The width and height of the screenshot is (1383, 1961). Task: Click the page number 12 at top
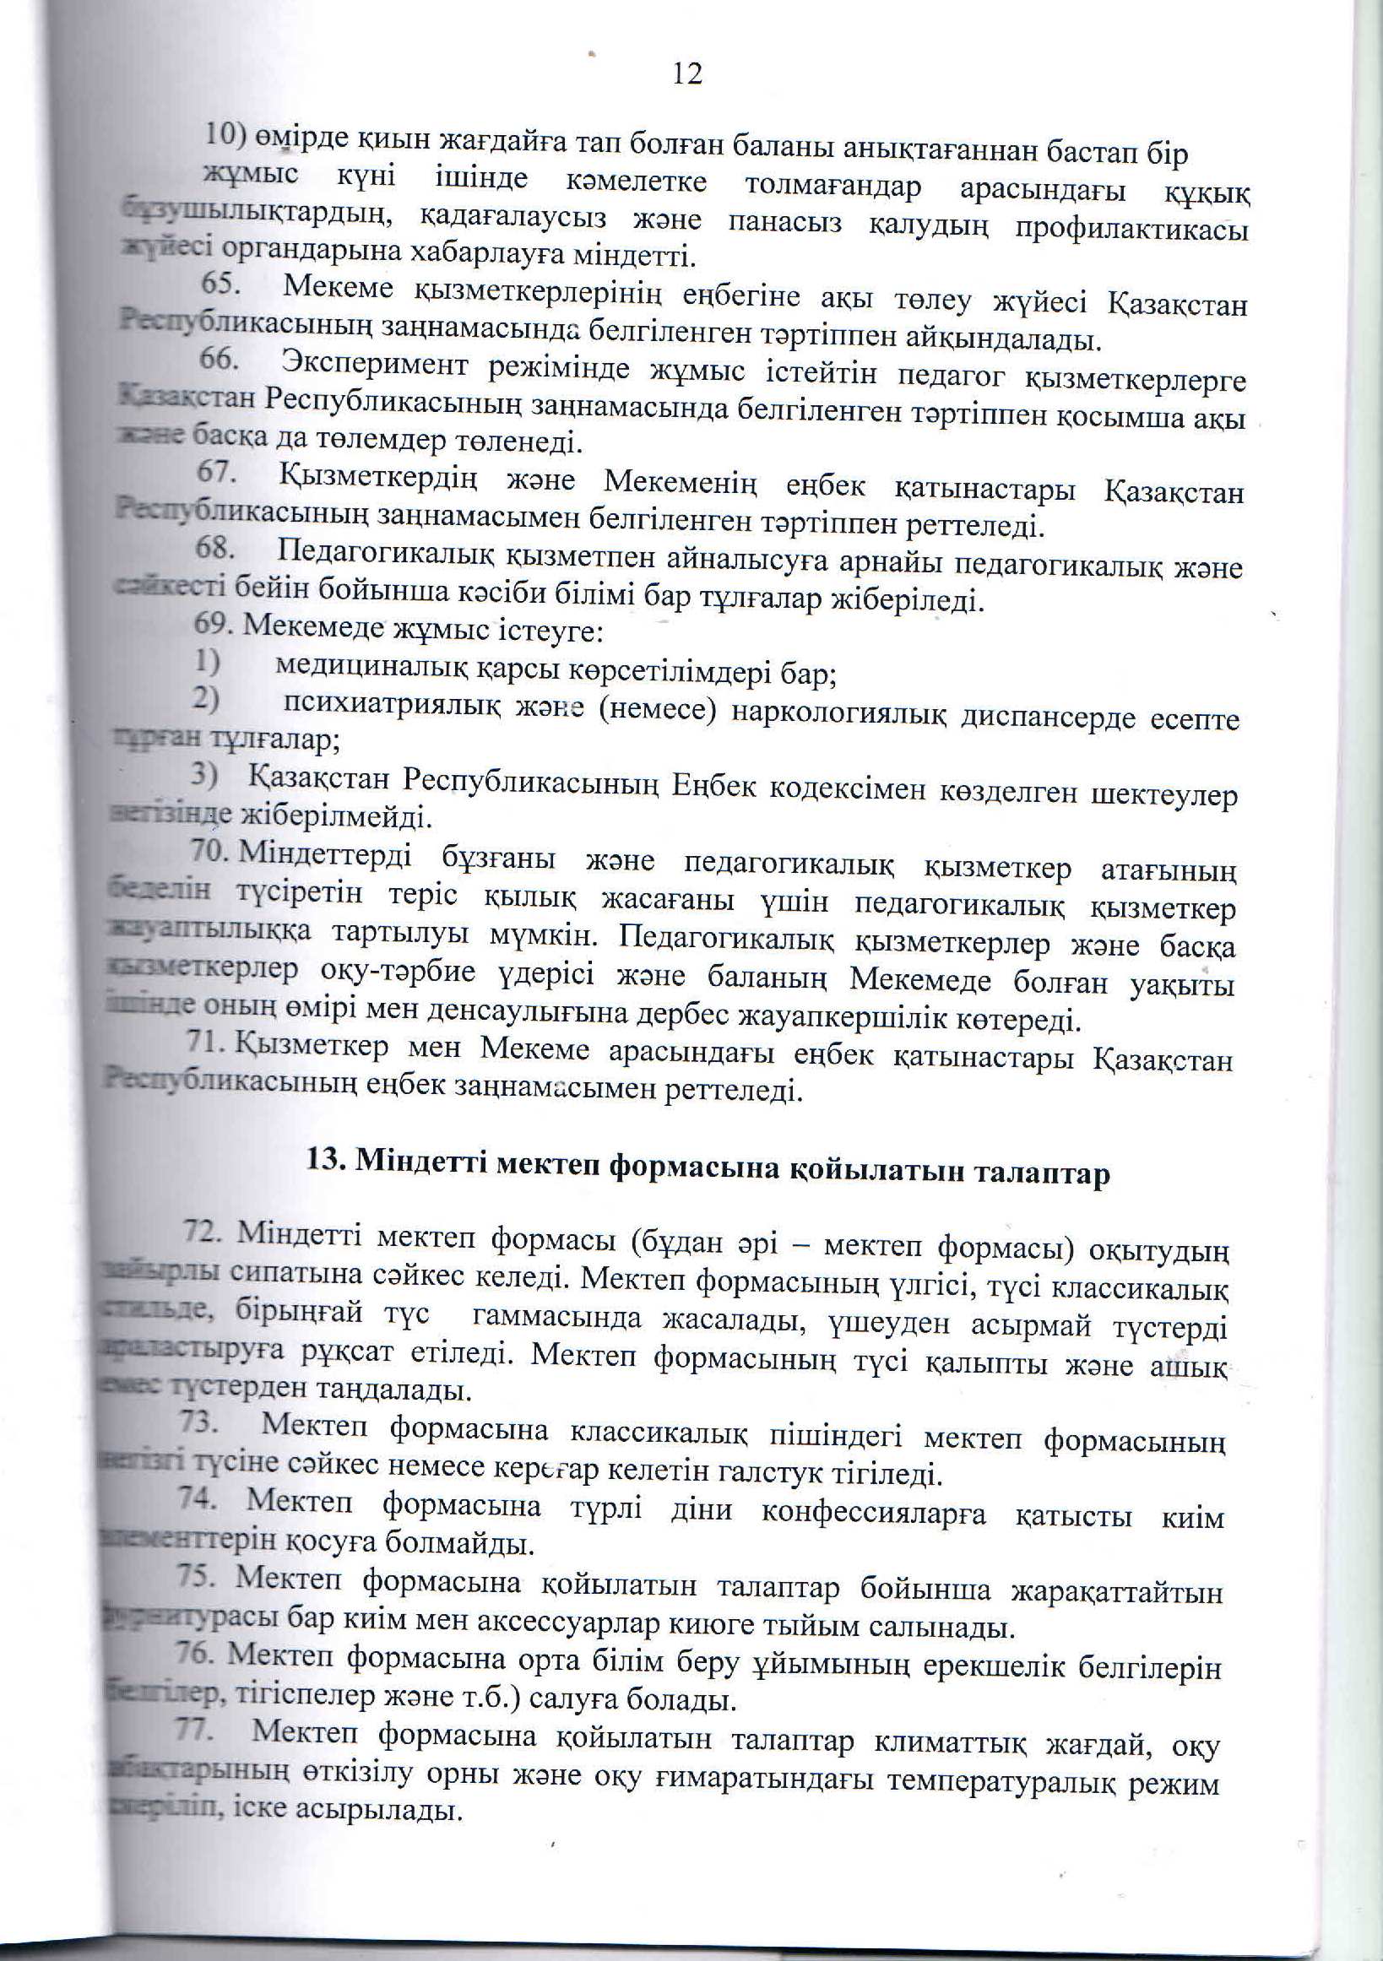(x=686, y=74)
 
